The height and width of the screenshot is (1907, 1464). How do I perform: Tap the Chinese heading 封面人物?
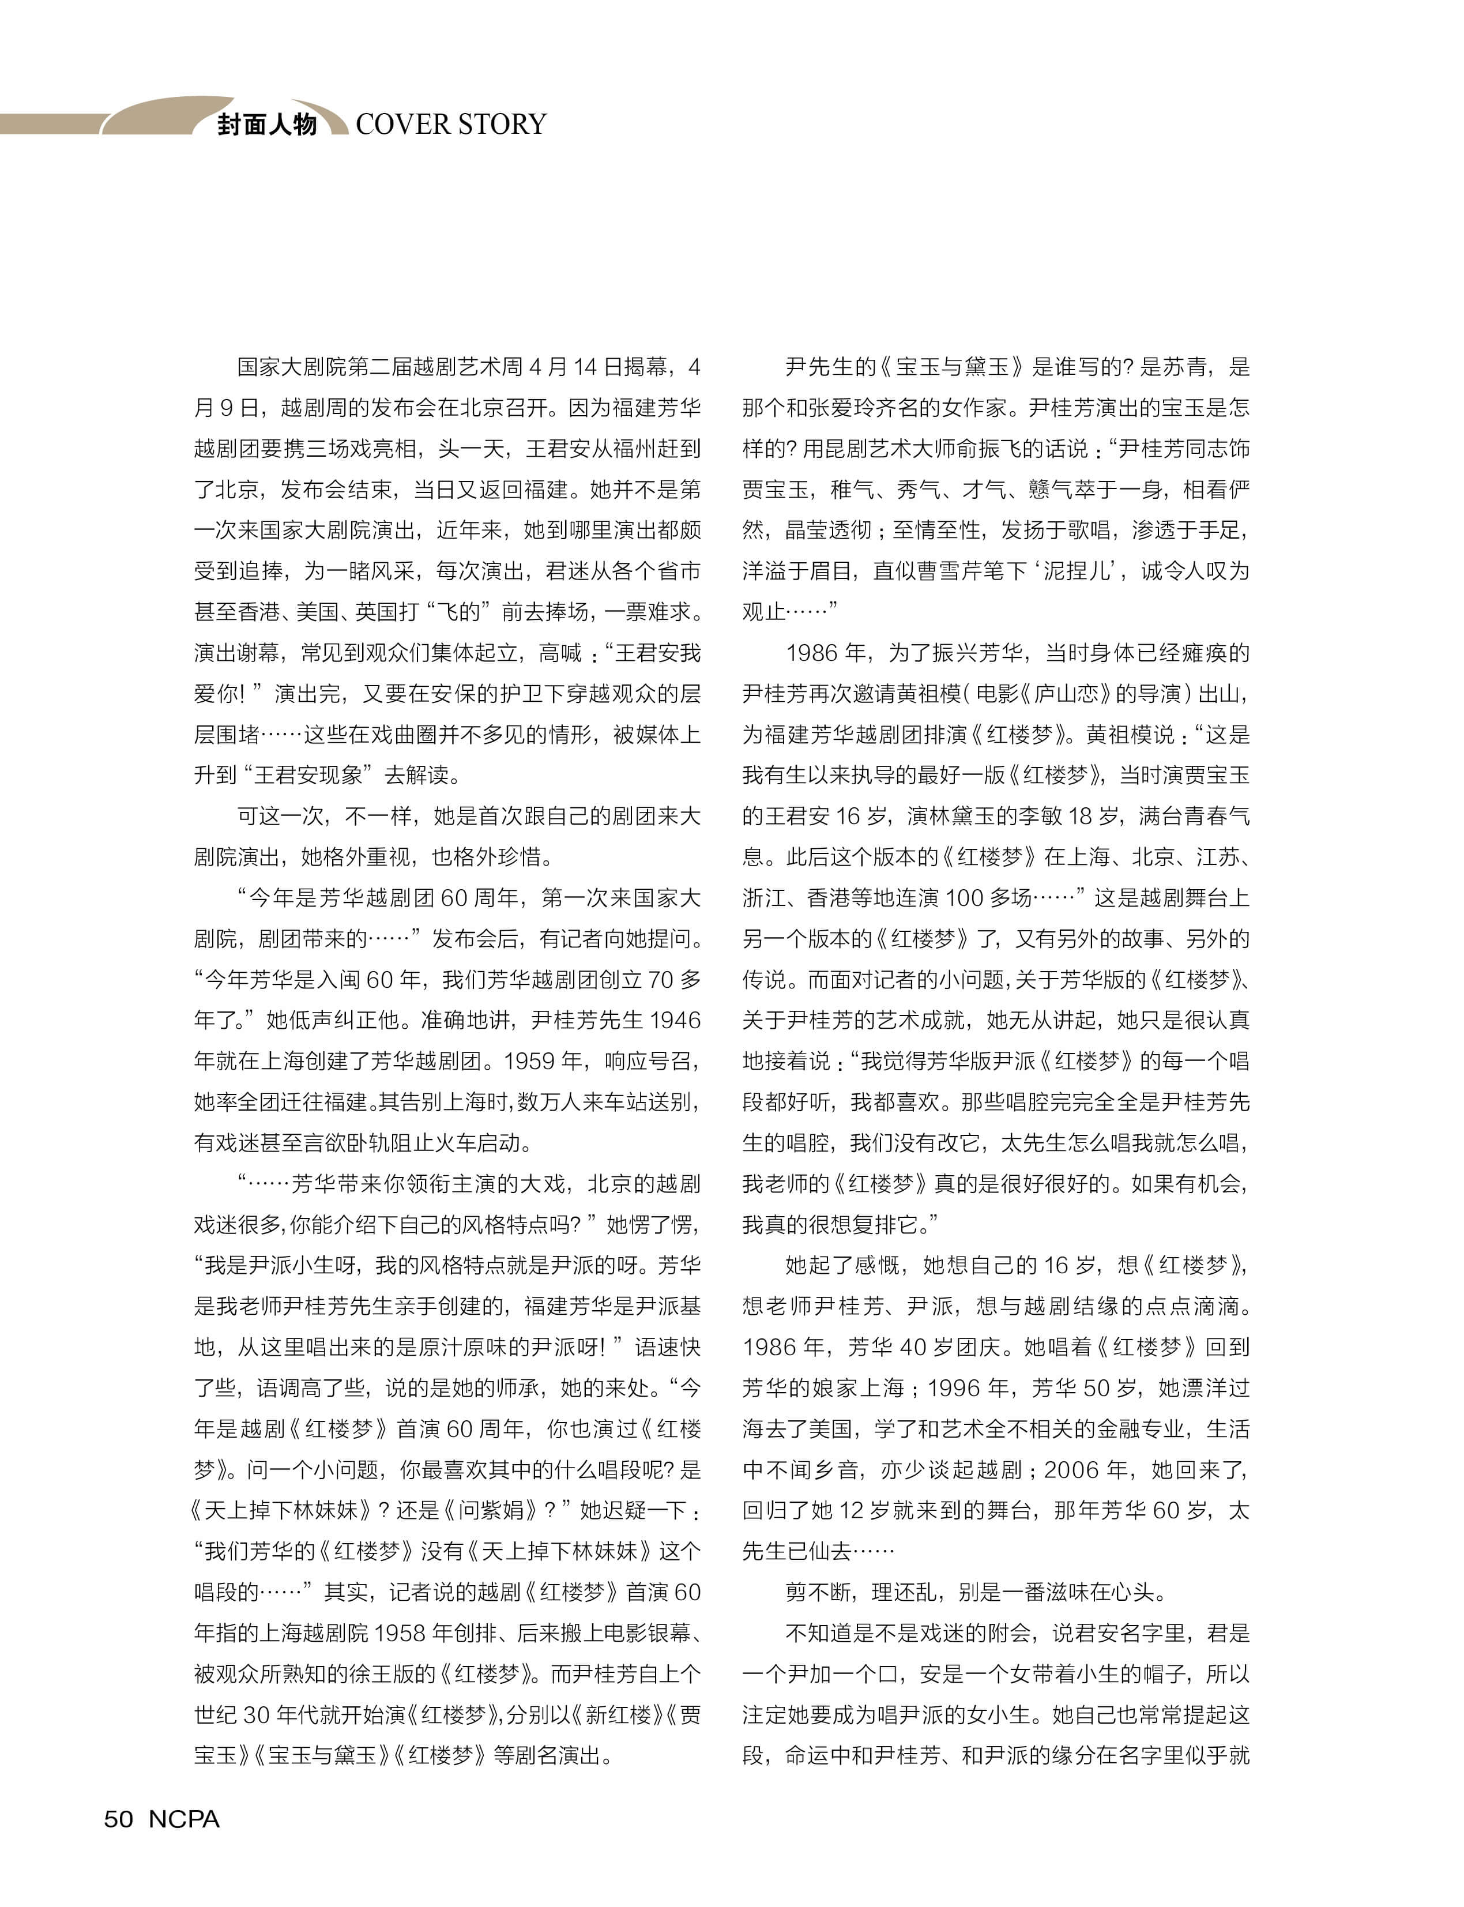tap(266, 125)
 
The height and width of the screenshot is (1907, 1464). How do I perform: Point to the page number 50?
tap(119, 1819)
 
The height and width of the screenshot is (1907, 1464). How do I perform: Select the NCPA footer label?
tap(184, 1819)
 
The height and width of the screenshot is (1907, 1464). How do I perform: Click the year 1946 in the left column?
tap(675, 1020)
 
